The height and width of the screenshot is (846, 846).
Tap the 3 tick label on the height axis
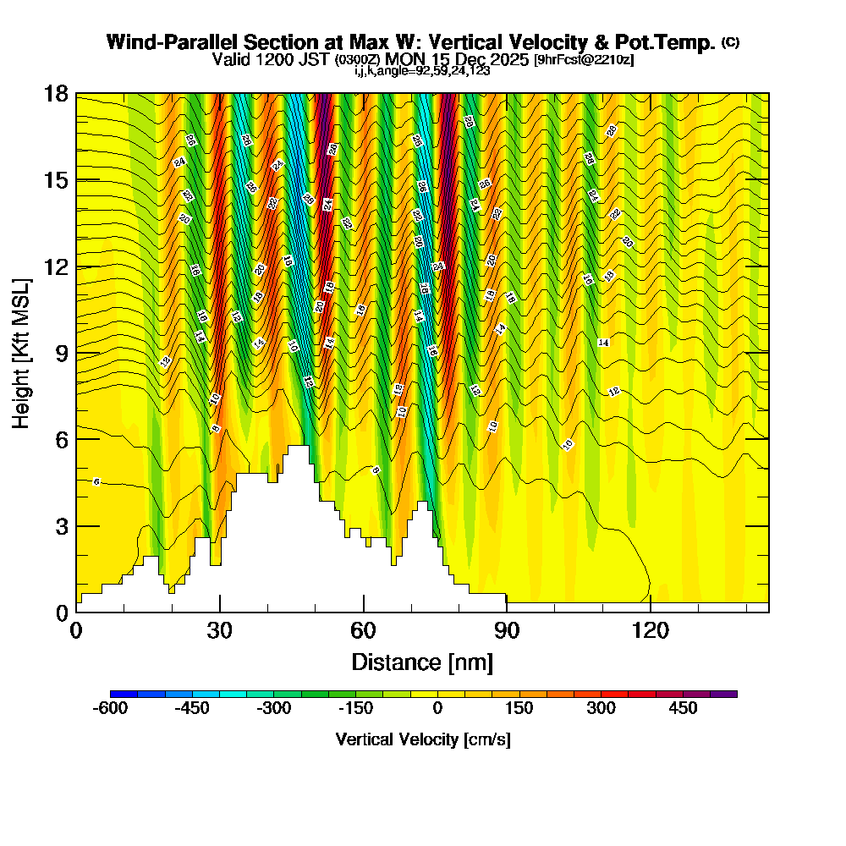[x=61, y=525]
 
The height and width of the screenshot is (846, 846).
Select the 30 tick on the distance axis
[x=220, y=612]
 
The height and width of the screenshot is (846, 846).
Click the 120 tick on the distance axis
[x=650, y=612]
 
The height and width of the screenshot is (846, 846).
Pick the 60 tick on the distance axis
[x=363, y=612]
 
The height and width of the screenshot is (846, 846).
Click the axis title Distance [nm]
[x=422, y=662]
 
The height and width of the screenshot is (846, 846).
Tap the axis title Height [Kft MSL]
[x=21, y=352]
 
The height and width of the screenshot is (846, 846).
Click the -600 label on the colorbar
[x=108, y=708]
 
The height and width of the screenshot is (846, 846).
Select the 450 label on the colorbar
[x=684, y=708]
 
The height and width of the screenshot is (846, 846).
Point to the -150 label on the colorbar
[x=355, y=708]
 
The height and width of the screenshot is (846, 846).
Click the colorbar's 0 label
[x=437, y=708]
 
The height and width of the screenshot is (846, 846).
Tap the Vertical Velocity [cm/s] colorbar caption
[x=423, y=739]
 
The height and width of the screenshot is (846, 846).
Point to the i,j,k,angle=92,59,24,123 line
[x=422, y=71]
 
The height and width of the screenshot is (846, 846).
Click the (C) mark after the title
[x=730, y=42]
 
